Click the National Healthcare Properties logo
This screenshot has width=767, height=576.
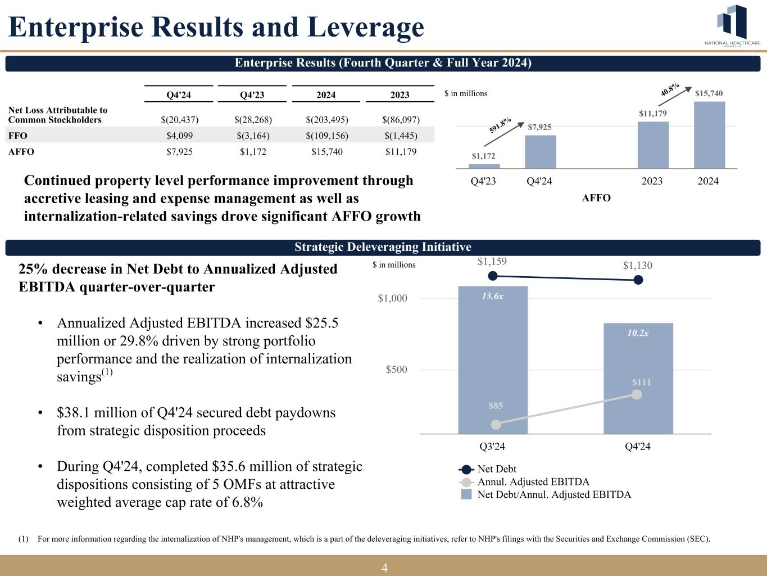[733, 26]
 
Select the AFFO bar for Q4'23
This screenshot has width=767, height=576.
[484, 166]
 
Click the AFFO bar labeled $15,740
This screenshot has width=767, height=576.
[709, 135]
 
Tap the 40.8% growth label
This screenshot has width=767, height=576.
[669, 89]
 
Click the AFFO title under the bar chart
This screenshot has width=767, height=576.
[596, 198]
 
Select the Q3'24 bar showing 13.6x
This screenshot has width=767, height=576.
[493, 360]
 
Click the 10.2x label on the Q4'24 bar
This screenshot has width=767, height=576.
[638, 333]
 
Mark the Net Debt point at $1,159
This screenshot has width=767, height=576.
[493, 276]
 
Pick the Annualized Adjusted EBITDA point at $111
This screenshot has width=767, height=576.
[637, 394]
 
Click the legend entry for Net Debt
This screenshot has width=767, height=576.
[496, 469]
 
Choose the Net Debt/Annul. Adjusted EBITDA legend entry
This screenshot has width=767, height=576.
[553, 495]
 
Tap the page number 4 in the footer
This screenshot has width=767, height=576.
[384, 568]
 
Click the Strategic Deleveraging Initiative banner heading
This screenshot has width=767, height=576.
[383, 247]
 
